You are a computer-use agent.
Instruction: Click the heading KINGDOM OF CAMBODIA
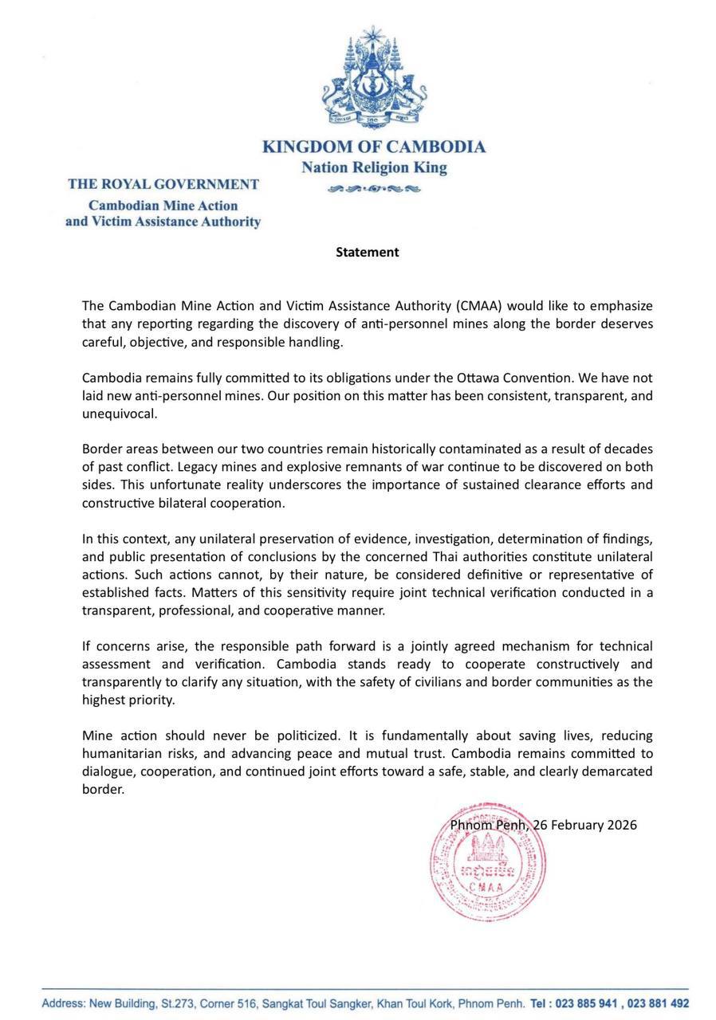point(374,147)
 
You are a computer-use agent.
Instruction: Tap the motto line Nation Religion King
point(374,168)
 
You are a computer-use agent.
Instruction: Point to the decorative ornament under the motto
point(374,189)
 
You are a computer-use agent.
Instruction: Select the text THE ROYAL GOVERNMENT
point(163,184)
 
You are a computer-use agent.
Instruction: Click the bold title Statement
point(367,252)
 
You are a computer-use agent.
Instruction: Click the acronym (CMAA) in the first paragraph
point(482,306)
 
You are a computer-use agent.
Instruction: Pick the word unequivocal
point(119,414)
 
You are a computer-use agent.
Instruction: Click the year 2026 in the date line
point(622,825)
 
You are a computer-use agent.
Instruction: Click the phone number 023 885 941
point(585,1003)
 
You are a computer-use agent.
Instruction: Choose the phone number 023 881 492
point(658,1003)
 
